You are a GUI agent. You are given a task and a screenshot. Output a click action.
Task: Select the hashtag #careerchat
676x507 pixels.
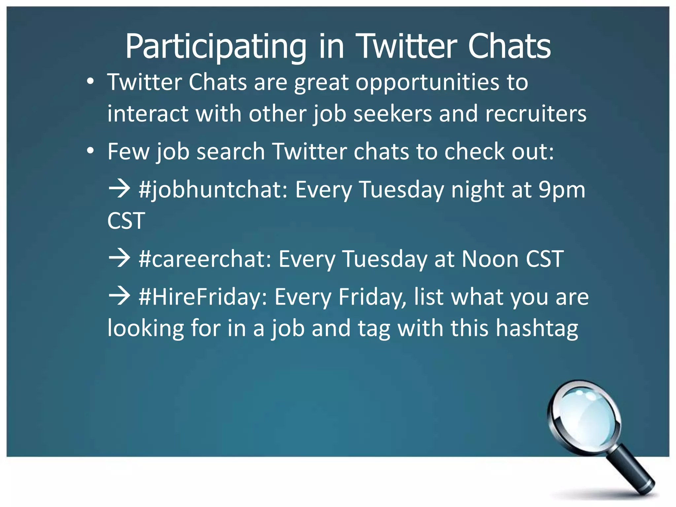click(205, 259)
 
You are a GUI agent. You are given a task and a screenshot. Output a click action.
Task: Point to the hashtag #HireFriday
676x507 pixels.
click(203, 297)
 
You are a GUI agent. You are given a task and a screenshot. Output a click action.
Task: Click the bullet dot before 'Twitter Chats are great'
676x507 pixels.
click(90, 82)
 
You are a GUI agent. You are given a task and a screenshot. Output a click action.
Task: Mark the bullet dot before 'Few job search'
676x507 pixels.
click(90, 151)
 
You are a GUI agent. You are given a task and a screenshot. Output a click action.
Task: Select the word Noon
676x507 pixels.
click(490, 259)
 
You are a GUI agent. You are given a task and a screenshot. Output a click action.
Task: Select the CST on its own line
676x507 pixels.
click(126, 221)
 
